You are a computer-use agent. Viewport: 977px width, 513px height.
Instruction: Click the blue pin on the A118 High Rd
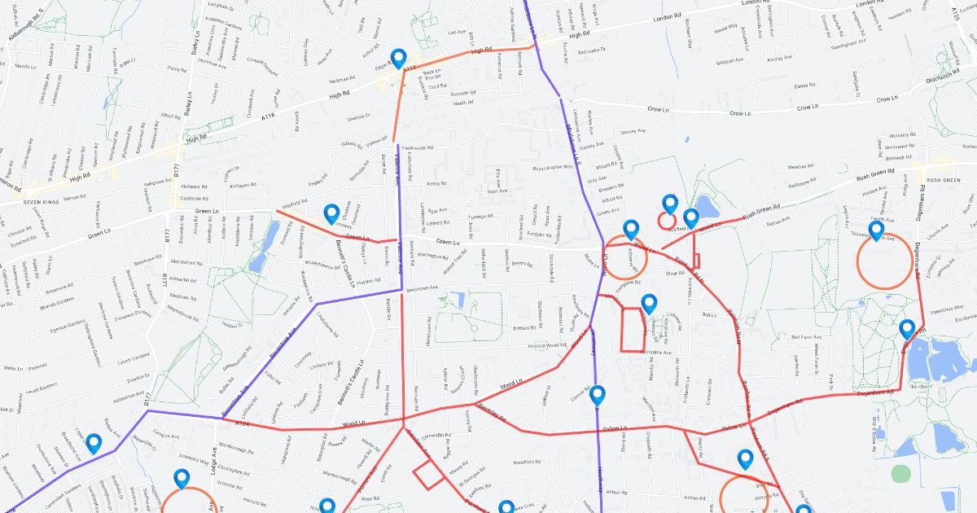398,59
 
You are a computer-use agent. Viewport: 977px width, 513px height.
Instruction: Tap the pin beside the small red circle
670,204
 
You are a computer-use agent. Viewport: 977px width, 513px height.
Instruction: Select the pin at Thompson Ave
876,231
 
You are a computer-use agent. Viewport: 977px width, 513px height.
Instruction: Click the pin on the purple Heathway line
598,396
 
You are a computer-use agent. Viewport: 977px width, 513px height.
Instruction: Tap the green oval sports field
900,473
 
